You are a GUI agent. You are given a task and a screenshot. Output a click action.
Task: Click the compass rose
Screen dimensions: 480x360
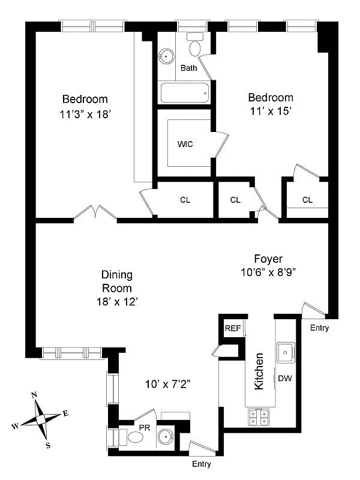[40, 415]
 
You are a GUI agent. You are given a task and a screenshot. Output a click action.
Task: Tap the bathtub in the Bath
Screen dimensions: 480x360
[185, 93]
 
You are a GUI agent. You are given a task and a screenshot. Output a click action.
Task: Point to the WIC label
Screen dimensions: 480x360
[185, 144]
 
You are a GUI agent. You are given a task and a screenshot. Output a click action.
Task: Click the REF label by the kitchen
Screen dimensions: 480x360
[232, 328]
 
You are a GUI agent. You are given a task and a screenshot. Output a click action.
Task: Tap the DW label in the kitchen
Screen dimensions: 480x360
[285, 378]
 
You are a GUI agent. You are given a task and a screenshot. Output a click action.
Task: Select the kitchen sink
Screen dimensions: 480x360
[286, 352]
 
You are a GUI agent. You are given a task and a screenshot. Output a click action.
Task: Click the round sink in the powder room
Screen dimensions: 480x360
[166, 437]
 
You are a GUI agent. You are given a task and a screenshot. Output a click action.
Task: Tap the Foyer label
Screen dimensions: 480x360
[267, 259]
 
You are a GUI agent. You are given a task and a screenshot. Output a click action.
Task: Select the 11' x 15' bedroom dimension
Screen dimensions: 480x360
[271, 112]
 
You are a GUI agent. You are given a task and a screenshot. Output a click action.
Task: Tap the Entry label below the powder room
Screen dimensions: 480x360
[201, 464]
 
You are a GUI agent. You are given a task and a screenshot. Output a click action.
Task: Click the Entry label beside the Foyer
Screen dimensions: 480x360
[320, 327]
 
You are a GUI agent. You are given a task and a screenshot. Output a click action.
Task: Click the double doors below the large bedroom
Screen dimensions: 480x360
[96, 213]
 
